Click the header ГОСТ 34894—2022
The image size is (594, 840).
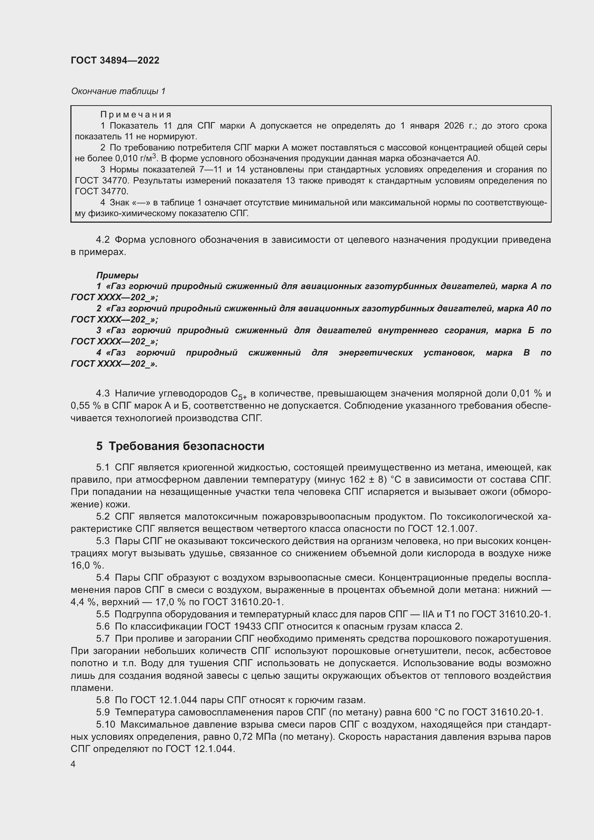(x=115, y=60)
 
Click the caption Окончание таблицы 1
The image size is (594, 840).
(x=118, y=91)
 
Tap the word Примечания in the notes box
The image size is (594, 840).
(x=136, y=115)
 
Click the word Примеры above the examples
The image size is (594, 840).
(x=117, y=275)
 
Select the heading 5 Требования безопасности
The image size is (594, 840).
(x=180, y=446)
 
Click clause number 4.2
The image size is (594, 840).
(x=103, y=240)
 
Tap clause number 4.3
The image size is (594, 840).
(x=103, y=394)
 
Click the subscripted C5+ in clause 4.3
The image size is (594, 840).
(x=239, y=394)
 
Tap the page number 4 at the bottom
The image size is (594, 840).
(x=73, y=765)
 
